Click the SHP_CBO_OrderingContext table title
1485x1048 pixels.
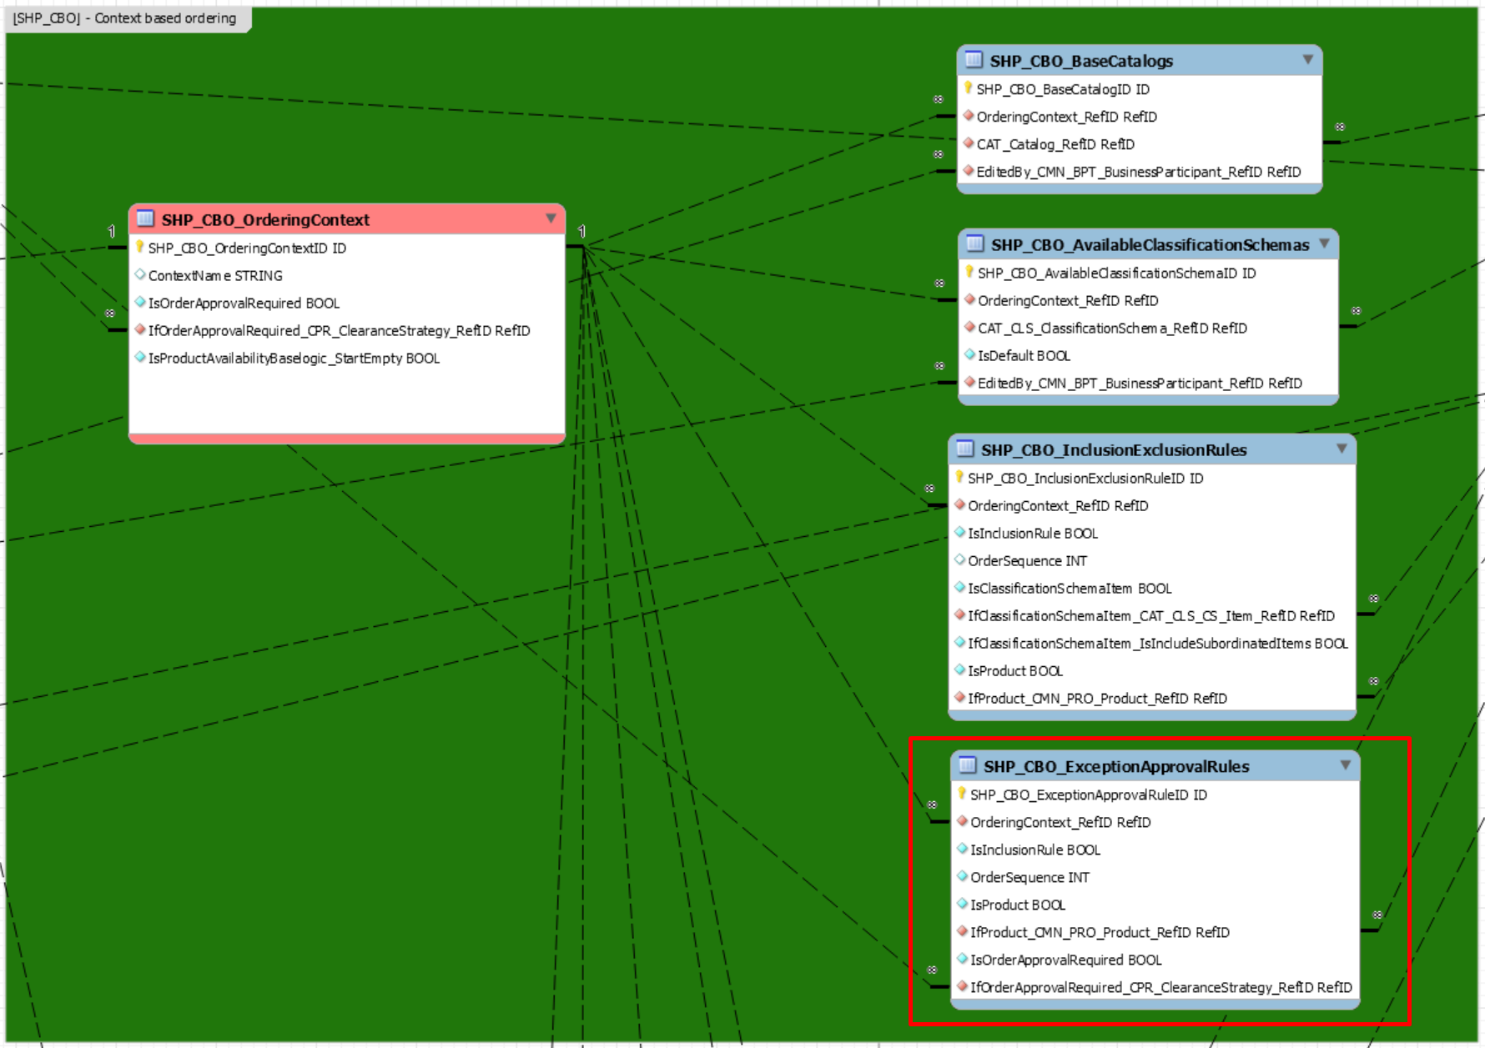click(265, 220)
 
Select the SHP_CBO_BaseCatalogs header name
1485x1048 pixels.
click(1081, 61)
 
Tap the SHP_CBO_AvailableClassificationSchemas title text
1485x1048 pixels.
click(1150, 245)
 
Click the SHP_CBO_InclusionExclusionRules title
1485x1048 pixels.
click(1114, 450)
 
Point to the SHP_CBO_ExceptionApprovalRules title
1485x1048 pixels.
click(1116, 767)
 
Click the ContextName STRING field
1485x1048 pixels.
click(215, 276)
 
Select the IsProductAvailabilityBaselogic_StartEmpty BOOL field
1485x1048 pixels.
click(294, 359)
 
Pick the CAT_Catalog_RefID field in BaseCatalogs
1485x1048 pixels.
click(1055, 145)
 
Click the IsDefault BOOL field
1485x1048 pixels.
click(1024, 356)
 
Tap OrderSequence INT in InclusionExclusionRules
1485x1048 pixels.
click(1027, 561)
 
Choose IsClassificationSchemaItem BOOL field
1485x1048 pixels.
click(1070, 589)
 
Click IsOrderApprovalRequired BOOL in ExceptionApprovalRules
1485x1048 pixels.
click(1065, 960)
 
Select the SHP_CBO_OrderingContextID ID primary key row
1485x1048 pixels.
click(247, 248)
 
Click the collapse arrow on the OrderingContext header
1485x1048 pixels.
click(551, 218)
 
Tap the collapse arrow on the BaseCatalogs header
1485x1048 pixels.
click(1307, 60)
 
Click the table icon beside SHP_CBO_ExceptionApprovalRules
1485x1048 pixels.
click(968, 765)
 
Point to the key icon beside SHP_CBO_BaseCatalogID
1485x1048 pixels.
click(968, 88)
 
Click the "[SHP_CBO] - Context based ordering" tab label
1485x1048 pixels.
click(124, 18)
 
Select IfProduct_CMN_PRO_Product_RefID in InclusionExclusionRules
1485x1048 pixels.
click(1097, 699)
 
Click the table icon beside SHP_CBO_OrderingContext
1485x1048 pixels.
click(145, 218)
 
